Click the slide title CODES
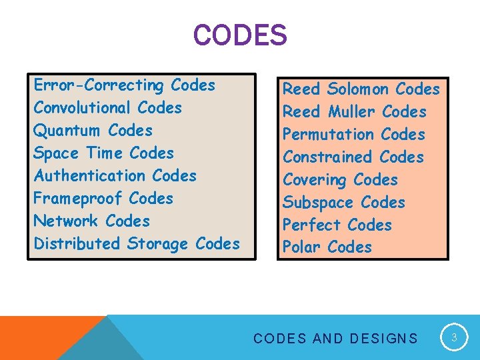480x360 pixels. click(240, 35)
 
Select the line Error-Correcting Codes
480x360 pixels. click(125, 85)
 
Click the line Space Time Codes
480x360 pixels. click(103, 153)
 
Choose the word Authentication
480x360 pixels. click(91, 176)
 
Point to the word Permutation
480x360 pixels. click(329, 135)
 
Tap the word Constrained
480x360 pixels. click(329, 157)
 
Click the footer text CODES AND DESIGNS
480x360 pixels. click(335, 339)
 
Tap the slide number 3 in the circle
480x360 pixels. click(454, 338)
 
